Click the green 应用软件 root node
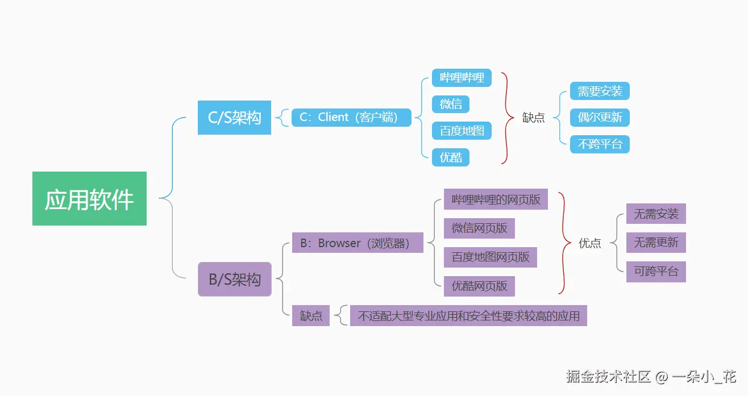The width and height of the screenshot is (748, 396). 89,198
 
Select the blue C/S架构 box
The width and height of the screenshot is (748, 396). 234,118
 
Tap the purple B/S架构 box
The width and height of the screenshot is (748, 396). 234,279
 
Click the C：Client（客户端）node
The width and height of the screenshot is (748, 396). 351,118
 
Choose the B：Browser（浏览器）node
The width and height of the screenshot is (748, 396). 358,243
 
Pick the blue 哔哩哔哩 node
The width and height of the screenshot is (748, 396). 462,77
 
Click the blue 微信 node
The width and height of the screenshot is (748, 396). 451,104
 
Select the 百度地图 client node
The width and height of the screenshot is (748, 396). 462,131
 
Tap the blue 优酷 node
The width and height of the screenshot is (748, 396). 451,157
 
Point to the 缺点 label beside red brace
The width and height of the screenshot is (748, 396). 533,118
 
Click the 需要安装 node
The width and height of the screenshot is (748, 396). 600,91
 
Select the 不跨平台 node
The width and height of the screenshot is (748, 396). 600,144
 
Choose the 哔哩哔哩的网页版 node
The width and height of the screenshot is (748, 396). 496,199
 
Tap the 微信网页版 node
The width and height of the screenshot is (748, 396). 479,228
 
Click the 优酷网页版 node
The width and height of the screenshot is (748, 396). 479,286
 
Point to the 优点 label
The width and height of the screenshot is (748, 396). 589,243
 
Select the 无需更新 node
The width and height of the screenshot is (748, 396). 656,243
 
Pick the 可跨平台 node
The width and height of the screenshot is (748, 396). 656,272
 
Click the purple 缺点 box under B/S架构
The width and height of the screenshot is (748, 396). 311,316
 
